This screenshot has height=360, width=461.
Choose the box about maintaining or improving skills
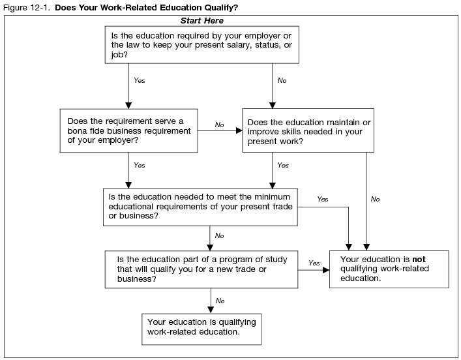308,130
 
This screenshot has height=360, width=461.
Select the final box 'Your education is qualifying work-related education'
201,327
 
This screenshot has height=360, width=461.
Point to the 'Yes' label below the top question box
139,80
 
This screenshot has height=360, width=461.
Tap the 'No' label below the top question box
282,80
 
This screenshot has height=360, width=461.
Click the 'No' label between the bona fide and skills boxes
220,124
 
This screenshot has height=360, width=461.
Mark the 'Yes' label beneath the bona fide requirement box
139,166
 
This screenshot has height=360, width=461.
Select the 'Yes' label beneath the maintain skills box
282,166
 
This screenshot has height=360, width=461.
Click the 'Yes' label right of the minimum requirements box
322,199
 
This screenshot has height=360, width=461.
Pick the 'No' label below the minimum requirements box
219,235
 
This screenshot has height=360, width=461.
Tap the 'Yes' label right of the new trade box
314,263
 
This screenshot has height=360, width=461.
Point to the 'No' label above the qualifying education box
220,301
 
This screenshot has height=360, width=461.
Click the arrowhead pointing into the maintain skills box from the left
239,130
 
